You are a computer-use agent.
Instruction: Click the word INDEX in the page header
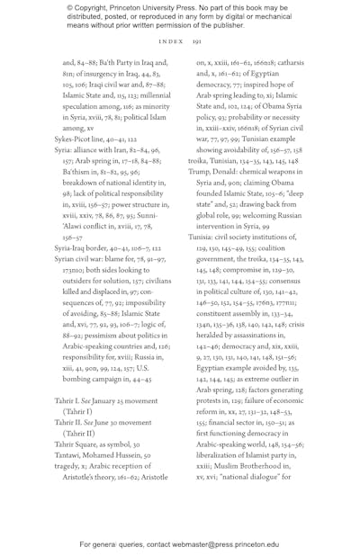coord(171,41)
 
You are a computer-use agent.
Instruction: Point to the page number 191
coord(197,41)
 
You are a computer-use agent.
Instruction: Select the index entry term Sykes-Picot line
coord(80,139)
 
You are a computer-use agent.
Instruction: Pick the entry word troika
coord(200,162)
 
